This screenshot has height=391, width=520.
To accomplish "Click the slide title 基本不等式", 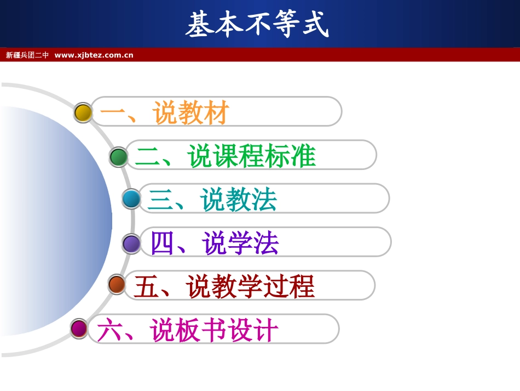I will pyautogui.click(x=257, y=25).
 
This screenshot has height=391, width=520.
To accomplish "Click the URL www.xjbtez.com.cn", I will pyautogui.click(x=94, y=55).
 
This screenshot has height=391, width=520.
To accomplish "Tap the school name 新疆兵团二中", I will pyautogui.click(x=27, y=55).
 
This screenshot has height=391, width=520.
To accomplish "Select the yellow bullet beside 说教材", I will pyautogui.click(x=83, y=112).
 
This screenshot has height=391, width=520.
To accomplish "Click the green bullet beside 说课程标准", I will pyautogui.click(x=118, y=157).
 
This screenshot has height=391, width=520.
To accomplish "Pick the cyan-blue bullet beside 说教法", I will pyautogui.click(x=131, y=199).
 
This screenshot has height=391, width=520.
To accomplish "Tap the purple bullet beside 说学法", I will pyautogui.click(x=131, y=243).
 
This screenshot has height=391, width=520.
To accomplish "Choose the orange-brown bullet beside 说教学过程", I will pyautogui.click(x=117, y=284).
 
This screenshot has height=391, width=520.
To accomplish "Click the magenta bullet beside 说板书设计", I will pyautogui.click(x=79, y=328).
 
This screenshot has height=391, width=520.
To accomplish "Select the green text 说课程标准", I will pyautogui.click(x=252, y=156).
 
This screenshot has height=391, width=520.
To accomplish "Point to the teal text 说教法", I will pyautogui.click(x=239, y=200).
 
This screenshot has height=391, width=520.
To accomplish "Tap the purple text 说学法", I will pyautogui.click(x=240, y=243).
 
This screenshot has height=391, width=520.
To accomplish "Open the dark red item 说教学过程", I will pyautogui.click(x=250, y=287).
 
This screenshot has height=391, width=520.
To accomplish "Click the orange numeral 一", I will pyautogui.click(x=113, y=113).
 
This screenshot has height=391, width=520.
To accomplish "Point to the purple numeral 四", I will pyautogui.click(x=162, y=243).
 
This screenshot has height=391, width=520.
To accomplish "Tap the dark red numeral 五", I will pyautogui.click(x=146, y=287).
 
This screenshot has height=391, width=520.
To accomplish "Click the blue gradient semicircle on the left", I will pyautogui.click(x=49, y=219).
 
